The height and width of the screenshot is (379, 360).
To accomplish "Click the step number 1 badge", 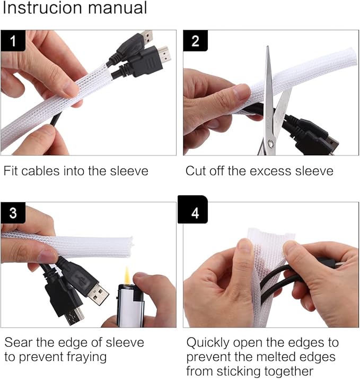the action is [13, 40].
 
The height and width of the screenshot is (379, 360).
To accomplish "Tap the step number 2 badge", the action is [195, 40].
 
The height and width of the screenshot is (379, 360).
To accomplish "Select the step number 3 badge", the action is [13, 213].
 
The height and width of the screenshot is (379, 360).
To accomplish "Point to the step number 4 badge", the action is [192, 210].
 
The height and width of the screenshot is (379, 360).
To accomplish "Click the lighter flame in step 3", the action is [127, 275].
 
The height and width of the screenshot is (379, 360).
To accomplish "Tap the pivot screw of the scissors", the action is [271, 144].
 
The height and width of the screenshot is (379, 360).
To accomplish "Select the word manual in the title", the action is [118, 8].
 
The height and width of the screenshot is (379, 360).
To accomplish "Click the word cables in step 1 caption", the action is [40, 171].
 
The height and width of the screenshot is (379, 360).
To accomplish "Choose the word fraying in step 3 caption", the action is [86, 357].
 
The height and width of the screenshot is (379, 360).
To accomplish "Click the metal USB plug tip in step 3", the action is [98, 295].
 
